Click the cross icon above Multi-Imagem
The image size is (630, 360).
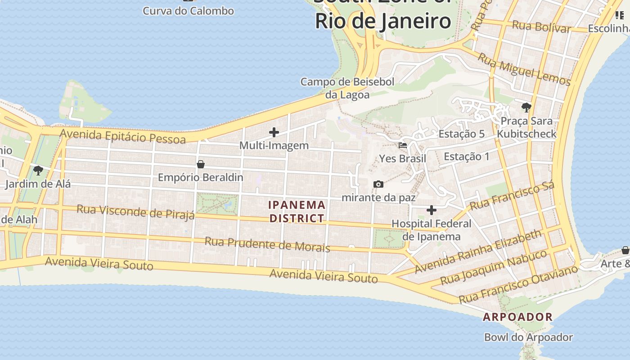tap(274, 132)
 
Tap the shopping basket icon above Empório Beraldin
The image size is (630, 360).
tap(201, 164)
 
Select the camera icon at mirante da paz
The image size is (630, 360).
tap(378, 184)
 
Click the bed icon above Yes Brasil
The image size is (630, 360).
tap(402, 145)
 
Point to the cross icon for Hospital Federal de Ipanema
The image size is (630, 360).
tap(431, 210)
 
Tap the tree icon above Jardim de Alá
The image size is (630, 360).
tap(38, 170)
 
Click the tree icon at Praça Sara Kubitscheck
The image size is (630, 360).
tap(526, 107)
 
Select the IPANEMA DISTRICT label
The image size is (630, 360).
tap(297, 211)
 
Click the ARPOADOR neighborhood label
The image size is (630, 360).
tap(517, 317)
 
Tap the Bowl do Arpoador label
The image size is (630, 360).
tap(528, 337)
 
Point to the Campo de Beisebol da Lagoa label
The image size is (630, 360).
tap(347, 88)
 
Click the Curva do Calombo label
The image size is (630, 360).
tap(188, 11)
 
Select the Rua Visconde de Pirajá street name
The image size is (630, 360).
tap(135, 211)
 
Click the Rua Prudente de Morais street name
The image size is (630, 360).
tap(267, 244)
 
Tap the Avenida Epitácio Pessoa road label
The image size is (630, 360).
tap(122, 136)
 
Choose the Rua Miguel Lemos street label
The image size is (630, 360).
tap(524, 69)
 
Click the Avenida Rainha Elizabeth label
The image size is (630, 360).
tap(478, 252)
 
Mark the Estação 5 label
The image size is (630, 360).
tap(461, 134)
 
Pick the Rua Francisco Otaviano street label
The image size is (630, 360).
tap(518, 284)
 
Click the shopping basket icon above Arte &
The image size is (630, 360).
tap(625, 250)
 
